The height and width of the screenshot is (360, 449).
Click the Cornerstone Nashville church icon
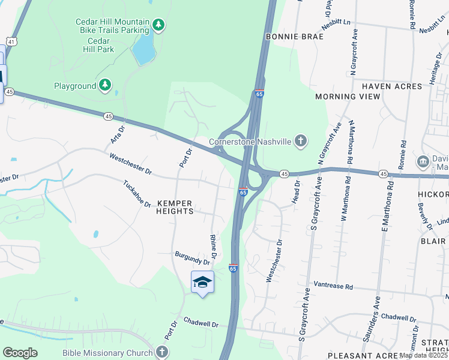point(301,142)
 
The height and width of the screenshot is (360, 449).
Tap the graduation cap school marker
point(202,282)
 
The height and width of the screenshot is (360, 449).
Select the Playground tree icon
point(106,86)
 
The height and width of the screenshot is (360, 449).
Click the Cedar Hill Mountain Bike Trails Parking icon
point(158,25)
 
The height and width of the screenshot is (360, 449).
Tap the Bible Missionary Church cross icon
point(161,353)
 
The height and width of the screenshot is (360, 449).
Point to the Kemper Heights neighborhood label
point(175,208)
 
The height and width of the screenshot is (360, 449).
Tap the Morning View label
point(348,97)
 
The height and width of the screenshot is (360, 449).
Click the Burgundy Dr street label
point(192,258)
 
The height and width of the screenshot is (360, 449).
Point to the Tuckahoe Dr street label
point(137,194)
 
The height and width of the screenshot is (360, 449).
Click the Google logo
point(20,352)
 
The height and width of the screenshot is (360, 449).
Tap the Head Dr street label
point(297,191)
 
